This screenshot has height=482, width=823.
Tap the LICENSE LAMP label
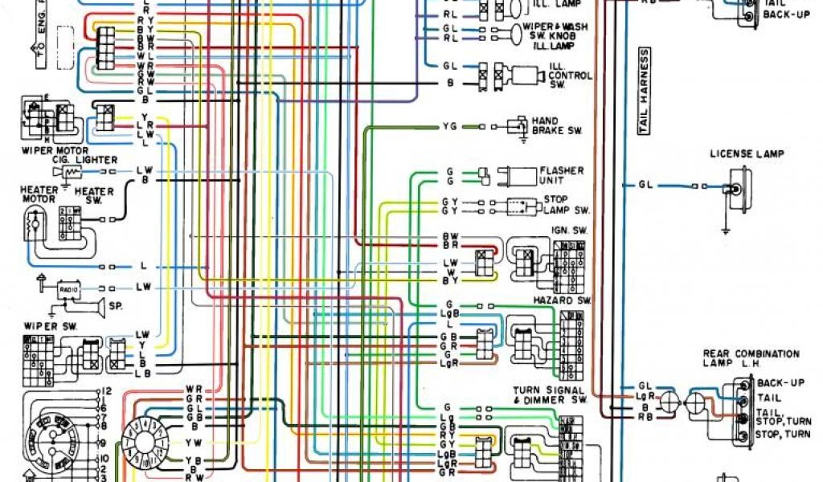tap(747, 153)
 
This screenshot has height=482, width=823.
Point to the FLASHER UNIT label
tap(562, 175)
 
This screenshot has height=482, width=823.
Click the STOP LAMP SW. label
tap(567, 204)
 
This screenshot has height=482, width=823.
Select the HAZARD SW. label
tap(562, 300)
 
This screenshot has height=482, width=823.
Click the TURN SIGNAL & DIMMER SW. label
tap(551, 394)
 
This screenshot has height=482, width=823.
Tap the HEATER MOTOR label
tap(38, 194)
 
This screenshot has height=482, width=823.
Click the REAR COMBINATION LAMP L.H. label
tap(751, 358)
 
